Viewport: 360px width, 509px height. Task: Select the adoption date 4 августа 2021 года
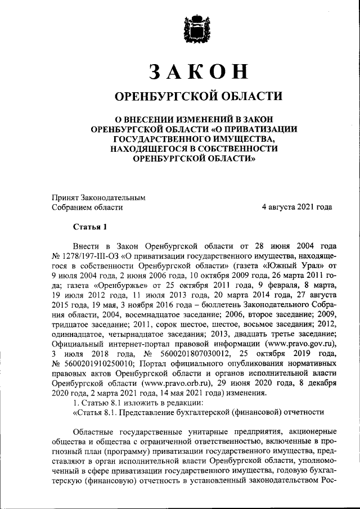[x=293, y=207]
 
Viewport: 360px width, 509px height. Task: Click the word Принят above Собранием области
[x=65, y=197]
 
